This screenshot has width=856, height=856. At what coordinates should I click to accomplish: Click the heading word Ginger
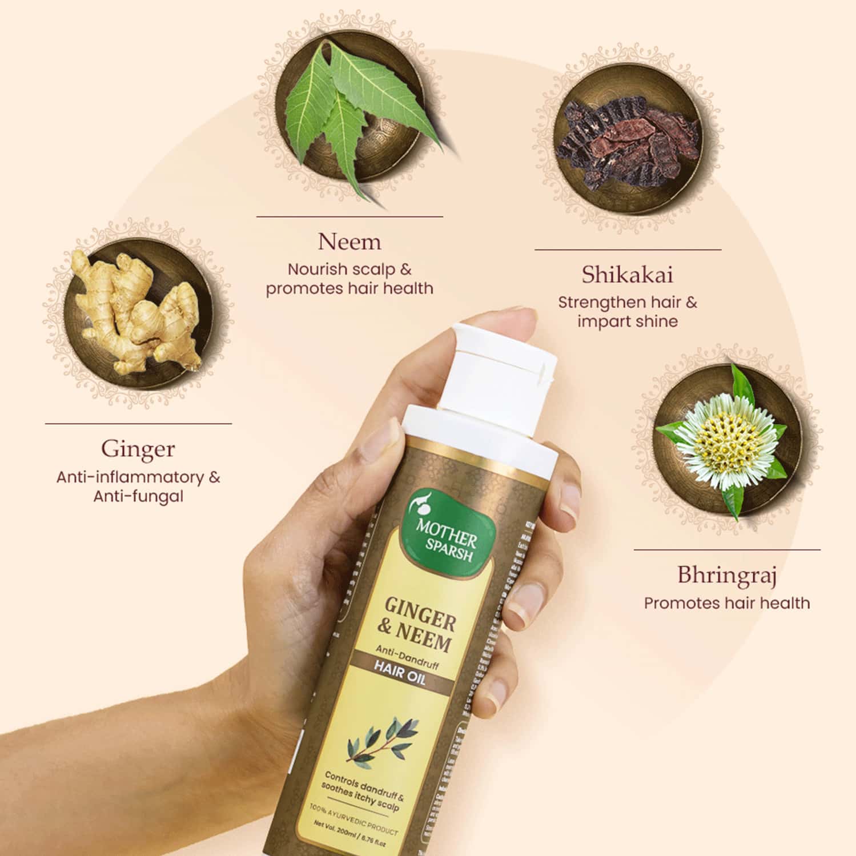pos(138,449)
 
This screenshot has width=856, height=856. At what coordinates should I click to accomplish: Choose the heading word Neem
pos(349,242)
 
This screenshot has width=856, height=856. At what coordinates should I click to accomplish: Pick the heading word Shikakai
pos(627,275)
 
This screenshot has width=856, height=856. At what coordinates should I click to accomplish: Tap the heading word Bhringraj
pos(726,575)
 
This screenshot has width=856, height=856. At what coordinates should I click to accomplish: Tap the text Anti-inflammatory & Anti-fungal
pos(138,487)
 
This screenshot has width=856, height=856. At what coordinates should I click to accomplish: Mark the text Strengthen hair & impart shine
pos(627,311)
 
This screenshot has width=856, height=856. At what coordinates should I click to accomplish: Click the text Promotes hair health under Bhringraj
pos(726,603)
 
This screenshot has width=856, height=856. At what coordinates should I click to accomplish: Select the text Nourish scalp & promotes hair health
pos(349,279)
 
